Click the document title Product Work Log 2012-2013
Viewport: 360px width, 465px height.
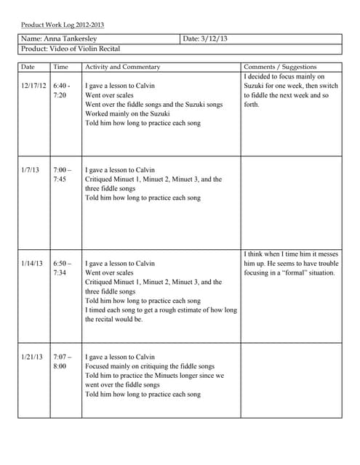(x=62, y=25)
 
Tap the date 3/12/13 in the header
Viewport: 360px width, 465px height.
(x=206, y=39)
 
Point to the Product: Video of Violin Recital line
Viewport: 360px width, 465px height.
(x=71, y=49)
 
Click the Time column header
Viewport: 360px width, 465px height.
(x=61, y=67)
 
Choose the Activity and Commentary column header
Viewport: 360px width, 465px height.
(x=122, y=67)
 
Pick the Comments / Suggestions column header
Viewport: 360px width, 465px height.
(x=280, y=67)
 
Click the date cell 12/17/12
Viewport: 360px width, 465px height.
(x=33, y=86)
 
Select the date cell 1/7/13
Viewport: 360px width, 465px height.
(x=31, y=169)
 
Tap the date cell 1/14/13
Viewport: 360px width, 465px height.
(x=32, y=263)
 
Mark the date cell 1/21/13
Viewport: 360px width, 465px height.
(x=32, y=357)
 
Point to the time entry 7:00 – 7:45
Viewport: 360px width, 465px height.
(x=62, y=174)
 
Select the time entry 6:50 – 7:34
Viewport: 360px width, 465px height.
(x=62, y=267)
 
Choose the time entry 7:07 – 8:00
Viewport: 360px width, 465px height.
(x=62, y=361)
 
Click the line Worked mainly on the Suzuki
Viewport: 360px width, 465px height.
(x=127, y=113)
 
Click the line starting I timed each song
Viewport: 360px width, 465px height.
(x=161, y=310)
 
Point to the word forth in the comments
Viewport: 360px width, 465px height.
(x=252, y=104)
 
